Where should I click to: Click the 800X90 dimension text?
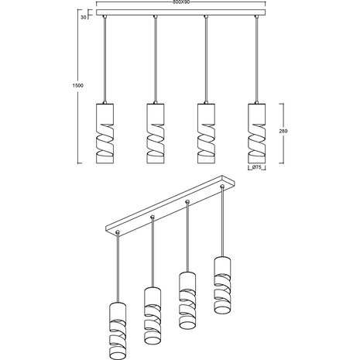pyautogui.click(x=181, y=3)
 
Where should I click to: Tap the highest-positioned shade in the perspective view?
pyautogui.click(x=222, y=276)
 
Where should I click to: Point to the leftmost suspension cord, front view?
pyautogui.click(x=105, y=58)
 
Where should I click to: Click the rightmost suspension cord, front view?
pyautogui.click(x=256, y=58)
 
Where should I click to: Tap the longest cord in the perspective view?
pyautogui.click(x=116, y=263)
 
